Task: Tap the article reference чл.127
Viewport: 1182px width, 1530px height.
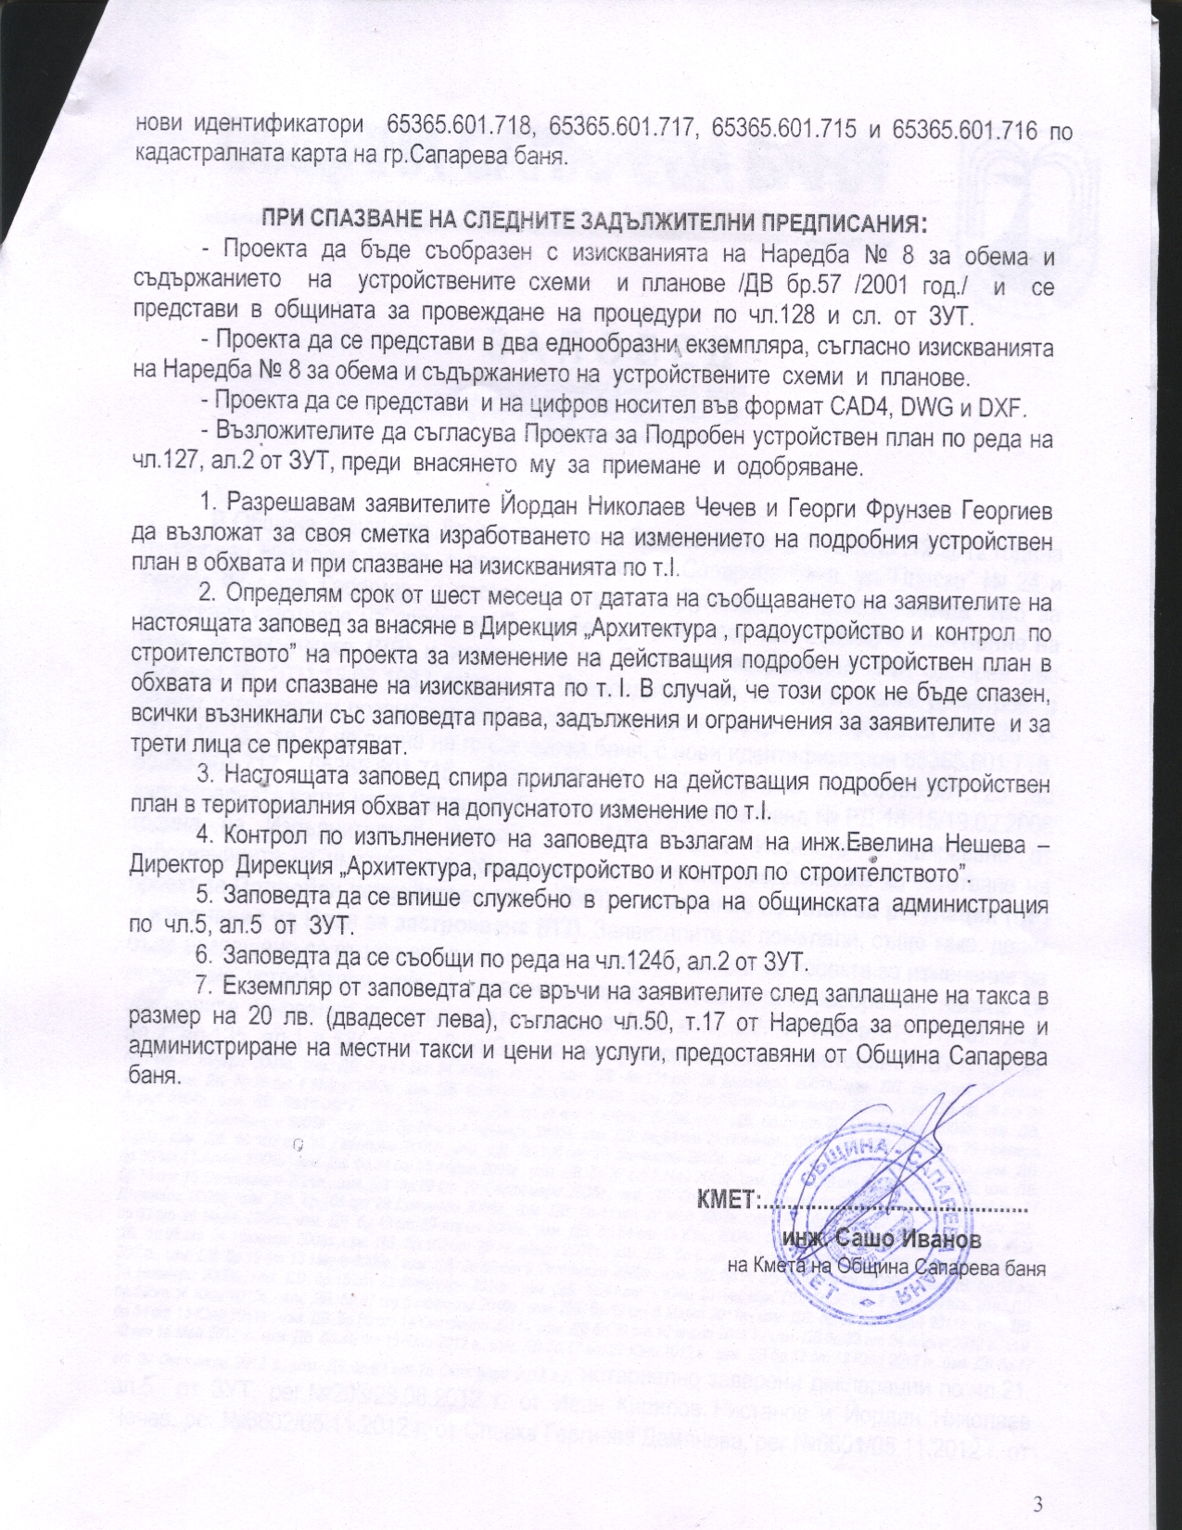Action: pyautogui.click(x=168, y=466)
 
